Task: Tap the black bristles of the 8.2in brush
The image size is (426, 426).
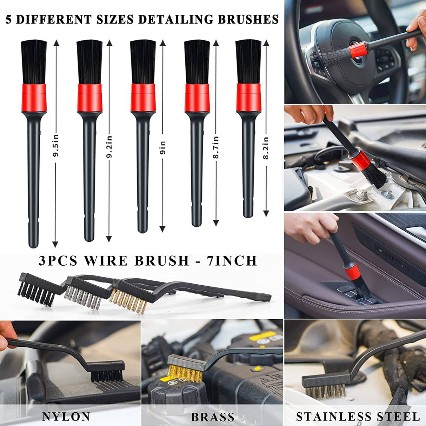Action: [248, 61]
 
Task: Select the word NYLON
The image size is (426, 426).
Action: [66, 417]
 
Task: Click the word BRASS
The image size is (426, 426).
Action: [213, 417]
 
